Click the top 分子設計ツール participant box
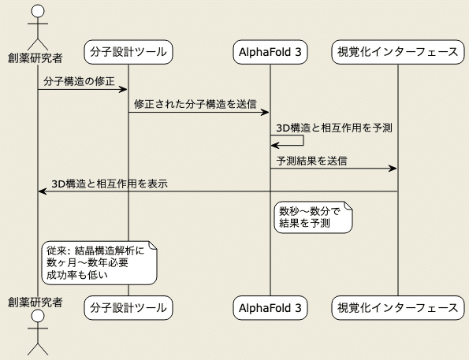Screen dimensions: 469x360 (128, 52)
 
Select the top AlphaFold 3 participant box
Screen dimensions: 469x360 (270, 52)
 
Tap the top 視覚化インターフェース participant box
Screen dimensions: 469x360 (398, 52)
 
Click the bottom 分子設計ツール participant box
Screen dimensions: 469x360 (128, 308)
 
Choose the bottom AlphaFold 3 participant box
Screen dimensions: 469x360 (270, 308)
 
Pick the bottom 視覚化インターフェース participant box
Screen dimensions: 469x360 (398, 308)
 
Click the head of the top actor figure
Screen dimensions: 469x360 (38, 11)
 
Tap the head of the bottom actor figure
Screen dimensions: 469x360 (38, 316)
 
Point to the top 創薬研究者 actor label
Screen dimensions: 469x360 (35, 58)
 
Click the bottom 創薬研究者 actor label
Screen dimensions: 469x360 (35, 302)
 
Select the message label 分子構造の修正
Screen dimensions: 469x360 (80, 81)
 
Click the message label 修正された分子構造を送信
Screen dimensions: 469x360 (195, 104)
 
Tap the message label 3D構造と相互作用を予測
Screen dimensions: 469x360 (334, 128)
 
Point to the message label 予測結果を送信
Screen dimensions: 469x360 (311, 161)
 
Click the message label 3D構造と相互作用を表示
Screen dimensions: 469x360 (110, 184)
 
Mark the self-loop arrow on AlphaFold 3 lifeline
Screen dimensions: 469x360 (303, 140)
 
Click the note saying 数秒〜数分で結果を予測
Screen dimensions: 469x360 (313, 217)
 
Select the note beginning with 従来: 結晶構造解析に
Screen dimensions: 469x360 (99, 263)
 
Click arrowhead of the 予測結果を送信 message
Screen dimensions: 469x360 (393, 169)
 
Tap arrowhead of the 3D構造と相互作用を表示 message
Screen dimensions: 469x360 (43, 191)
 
